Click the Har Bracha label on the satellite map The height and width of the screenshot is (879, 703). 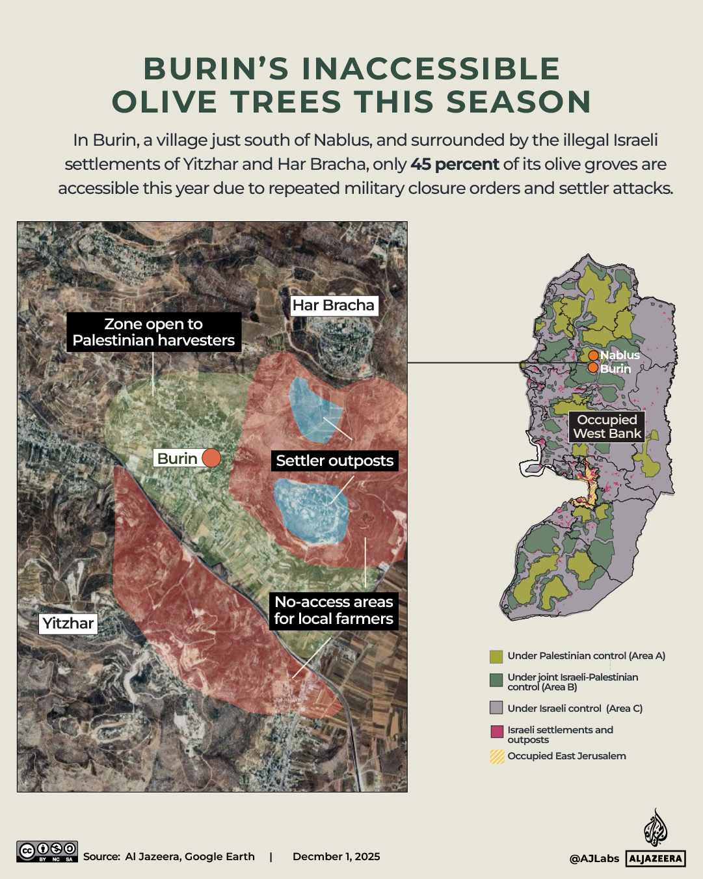point(333,305)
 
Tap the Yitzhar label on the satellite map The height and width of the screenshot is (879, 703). point(68,623)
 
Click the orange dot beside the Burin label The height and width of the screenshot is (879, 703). point(211,458)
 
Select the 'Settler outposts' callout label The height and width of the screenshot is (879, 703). point(334,461)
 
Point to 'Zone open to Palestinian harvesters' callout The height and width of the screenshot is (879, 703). point(153,332)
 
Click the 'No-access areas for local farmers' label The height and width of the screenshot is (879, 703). point(334,610)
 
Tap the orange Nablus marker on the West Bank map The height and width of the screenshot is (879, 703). point(594,355)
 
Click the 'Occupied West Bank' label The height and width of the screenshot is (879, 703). point(607,427)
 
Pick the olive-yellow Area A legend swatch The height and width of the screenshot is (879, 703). point(497,656)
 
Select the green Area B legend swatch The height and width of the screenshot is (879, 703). point(497,681)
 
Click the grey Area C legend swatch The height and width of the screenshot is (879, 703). point(497,708)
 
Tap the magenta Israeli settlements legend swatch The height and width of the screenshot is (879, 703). point(497,731)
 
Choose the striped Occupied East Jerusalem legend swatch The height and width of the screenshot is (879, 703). point(497,757)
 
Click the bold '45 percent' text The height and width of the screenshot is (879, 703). point(455,165)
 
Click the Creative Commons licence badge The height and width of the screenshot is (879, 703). point(47,852)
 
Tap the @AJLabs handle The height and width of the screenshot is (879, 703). point(594,859)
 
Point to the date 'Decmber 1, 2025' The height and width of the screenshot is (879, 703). point(336,857)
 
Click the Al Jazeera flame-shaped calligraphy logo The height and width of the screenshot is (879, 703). point(656,828)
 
